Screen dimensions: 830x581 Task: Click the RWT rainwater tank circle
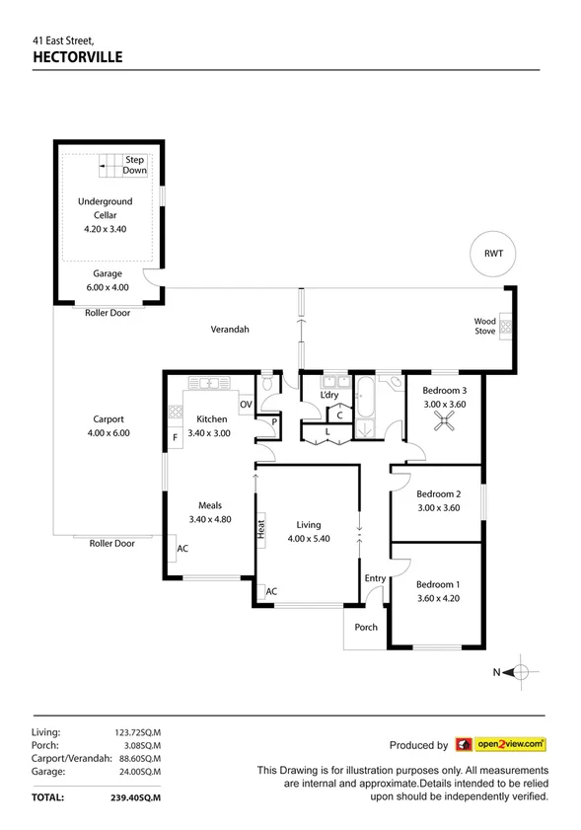click(492, 253)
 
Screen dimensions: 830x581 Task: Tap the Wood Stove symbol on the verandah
click(505, 327)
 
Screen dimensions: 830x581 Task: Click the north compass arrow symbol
click(520, 673)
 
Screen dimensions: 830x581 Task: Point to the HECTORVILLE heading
click(77, 57)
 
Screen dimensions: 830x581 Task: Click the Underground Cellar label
click(106, 208)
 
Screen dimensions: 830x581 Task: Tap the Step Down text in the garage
click(134, 165)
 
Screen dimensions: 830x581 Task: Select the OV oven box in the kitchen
click(246, 404)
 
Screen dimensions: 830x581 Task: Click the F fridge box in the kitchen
click(176, 436)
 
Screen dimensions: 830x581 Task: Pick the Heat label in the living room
click(261, 529)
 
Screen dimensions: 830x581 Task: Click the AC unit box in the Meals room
click(182, 550)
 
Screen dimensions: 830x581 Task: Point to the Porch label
click(365, 627)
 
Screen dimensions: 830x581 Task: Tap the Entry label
click(375, 578)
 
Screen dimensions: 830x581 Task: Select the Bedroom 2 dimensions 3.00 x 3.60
click(438, 508)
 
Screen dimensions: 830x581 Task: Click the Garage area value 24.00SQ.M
click(138, 772)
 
